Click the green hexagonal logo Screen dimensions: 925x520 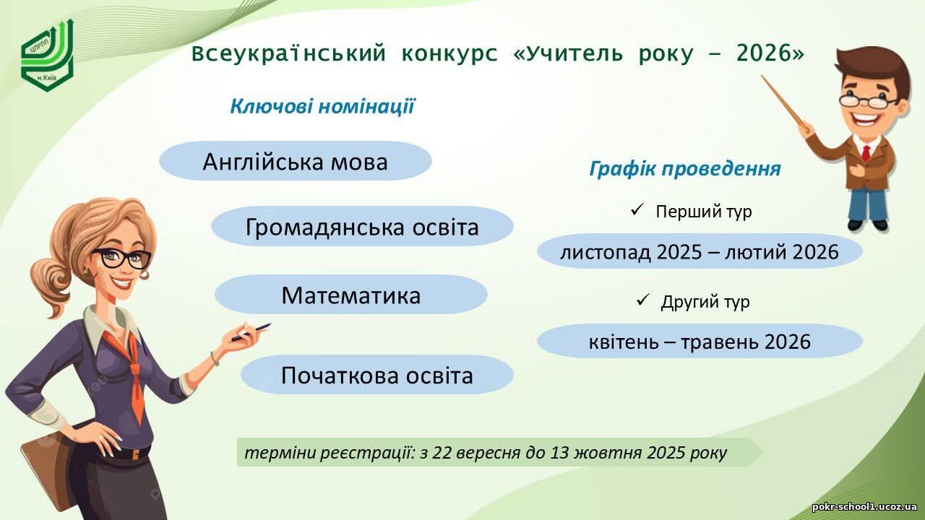click(48, 54)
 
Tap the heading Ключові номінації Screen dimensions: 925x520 click(322, 106)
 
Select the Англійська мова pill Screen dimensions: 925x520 click(296, 161)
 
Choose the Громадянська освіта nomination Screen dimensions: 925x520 click(362, 226)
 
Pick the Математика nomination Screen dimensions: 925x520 click(351, 295)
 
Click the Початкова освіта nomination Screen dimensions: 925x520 click(377, 375)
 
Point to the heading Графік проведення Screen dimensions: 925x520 click(685, 168)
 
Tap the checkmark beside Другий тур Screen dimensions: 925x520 click(643, 300)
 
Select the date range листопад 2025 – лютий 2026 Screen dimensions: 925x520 click(700, 251)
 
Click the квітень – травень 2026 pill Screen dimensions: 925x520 click(700, 342)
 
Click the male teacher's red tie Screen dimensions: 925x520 click(866, 152)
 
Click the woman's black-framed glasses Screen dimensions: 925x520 click(122, 258)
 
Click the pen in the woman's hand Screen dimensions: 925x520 click(251, 332)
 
